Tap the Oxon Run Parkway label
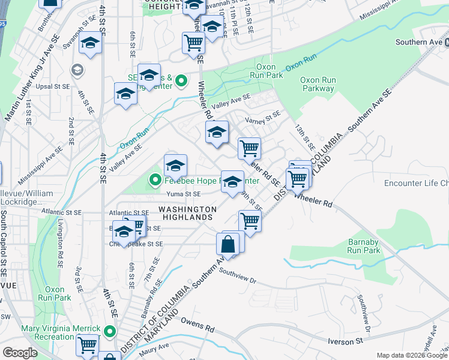tap(318, 84)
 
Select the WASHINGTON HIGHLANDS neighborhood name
tap(187, 213)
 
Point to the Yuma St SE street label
tap(184, 194)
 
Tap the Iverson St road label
tap(346, 341)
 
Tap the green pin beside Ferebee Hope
tap(155, 179)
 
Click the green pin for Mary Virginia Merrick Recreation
tap(109, 331)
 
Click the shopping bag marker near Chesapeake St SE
tap(228, 244)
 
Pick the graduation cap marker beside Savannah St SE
tap(91, 44)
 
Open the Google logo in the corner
tap(20, 353)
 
